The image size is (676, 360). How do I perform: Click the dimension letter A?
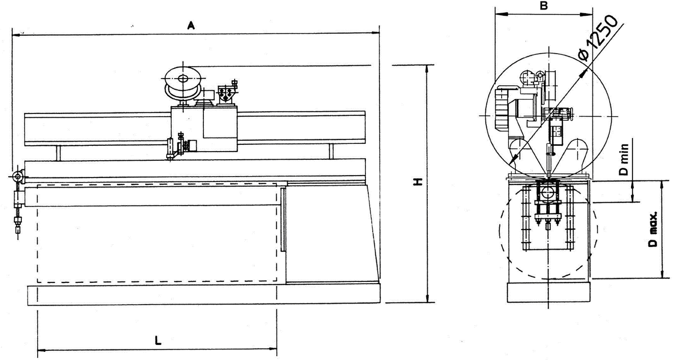click(191, 26)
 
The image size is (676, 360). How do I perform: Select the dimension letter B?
click(544, 5)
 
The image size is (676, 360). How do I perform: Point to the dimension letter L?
click(157, 341)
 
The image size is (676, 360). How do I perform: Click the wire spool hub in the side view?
click(183, 79)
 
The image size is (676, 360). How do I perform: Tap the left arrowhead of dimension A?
click(15, 35)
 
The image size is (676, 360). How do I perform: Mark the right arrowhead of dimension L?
click(273, 349)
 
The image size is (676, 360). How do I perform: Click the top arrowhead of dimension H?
click(426, 69)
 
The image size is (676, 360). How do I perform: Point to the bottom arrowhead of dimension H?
click(427, 299)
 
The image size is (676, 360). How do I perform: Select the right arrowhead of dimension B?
click(589, 14)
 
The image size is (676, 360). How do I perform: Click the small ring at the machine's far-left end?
click(17, 176)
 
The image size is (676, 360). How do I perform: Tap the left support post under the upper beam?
click(59, 153)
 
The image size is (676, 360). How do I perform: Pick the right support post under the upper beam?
click(331, 152)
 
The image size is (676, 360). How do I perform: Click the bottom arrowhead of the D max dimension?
click(662, 275)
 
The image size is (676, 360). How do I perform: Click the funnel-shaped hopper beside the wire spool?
click(226, 95)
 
